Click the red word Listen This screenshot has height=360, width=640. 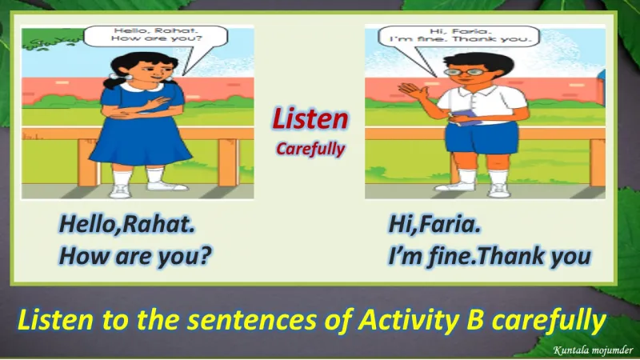(x=310, y=118)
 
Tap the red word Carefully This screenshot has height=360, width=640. (x=310, y=149)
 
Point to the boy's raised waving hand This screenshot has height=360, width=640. (x=413, y=91)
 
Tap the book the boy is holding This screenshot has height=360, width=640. (x=466, y=117)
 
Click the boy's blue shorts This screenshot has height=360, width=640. (x=482, y=138)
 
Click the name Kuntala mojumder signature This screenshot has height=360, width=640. (x=593, y=350)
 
